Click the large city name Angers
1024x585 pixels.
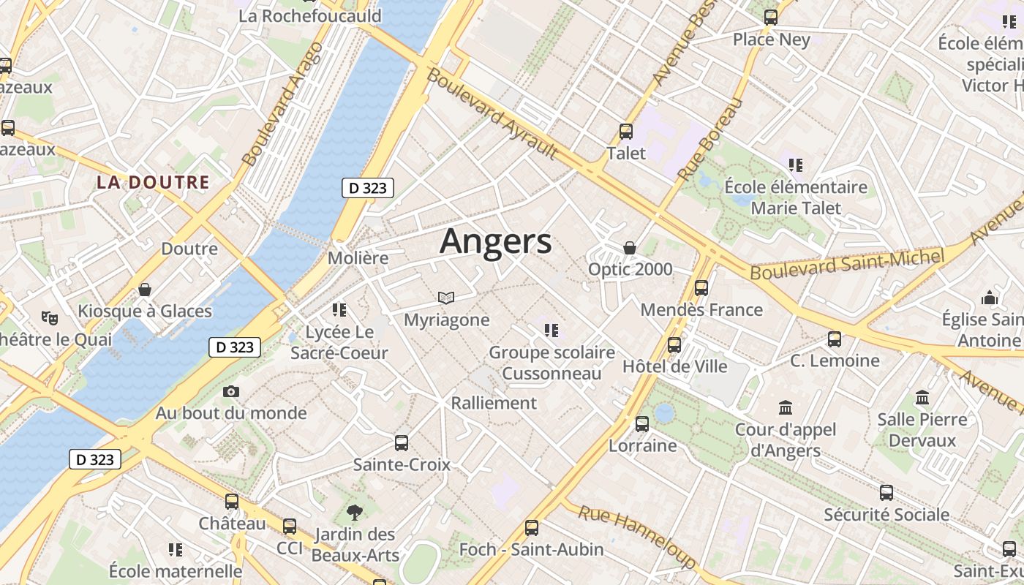tap(495, 241)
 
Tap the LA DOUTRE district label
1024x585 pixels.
tap(153, 183)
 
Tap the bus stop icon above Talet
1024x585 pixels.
tap(626, 132)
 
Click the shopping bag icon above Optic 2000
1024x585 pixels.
tap(630, 248)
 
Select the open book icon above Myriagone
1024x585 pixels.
tap(446, 298)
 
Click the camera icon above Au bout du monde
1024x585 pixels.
tap(231, 392)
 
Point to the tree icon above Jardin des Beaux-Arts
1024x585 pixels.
tap(355, 512)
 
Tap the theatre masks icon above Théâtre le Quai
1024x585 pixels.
tap(50, 317)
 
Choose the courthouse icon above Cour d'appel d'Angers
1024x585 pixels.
tap(786, 407)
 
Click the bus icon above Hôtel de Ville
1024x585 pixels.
tap(674, 344)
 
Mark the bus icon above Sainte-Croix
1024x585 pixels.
tap(402, 442)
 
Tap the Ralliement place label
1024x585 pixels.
tap(494, 403)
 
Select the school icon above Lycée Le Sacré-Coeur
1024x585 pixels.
tap(339, 310)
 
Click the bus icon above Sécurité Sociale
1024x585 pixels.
tap(886, 493)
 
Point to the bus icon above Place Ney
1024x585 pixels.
tap(771, 18)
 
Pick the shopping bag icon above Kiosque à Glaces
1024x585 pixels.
tap(145, 290)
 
